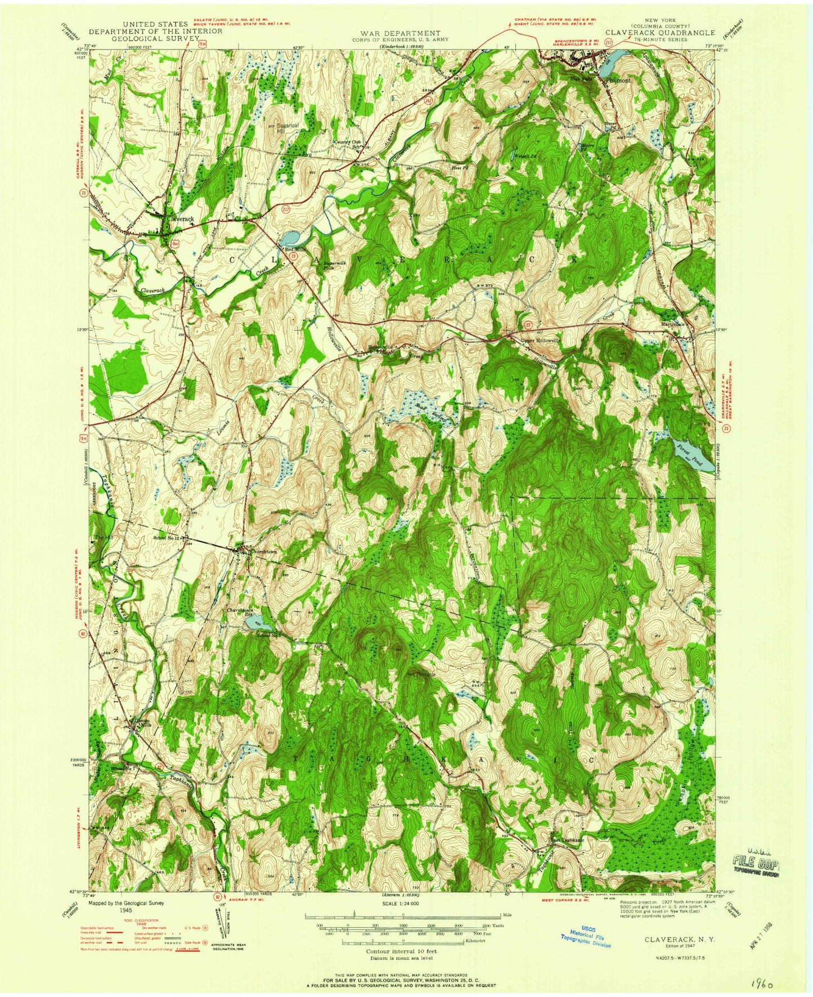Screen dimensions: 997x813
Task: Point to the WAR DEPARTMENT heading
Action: coord(402,33)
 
